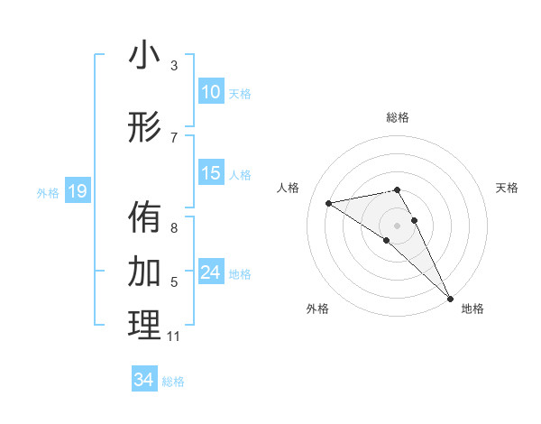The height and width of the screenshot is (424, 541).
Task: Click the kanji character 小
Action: tap(144, 56)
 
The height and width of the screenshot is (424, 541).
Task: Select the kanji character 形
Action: tap(144, 127)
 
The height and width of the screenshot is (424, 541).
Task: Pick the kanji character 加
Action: tap(144, 270)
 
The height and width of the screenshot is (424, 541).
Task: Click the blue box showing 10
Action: tap(210, 92)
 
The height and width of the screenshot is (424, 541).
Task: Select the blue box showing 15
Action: tap(210, 173)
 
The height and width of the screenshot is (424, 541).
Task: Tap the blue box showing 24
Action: tap(210, 272)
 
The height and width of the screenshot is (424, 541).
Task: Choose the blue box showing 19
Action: tap(77, 191)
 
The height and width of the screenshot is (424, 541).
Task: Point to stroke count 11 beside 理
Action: tap(174, 336)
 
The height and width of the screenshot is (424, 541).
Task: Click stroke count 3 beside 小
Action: tap(174, 66)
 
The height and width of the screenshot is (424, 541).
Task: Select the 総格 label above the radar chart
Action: tap(397, 117)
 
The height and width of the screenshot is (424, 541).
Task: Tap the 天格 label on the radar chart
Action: tap(507, 188)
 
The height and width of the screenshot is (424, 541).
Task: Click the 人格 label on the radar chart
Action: tap(289, 188)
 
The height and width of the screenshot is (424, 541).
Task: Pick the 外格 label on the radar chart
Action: tap(317, 309)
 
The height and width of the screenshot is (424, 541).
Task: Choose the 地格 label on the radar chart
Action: tap(472, 309)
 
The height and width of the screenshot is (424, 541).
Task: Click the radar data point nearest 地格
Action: tap(450, 298)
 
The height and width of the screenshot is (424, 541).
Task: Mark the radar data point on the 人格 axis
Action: tap(329, 203)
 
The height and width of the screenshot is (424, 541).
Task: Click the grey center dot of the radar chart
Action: tap(397, 225)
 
